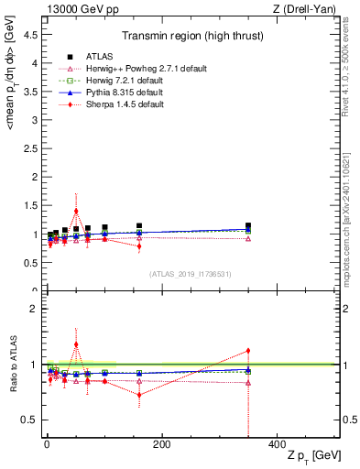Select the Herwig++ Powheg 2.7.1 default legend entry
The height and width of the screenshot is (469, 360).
point(136,69)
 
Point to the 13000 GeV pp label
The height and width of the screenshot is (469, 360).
point(77,9)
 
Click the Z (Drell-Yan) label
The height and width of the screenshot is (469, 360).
point(309,9)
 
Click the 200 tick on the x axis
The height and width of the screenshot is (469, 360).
point(161,445)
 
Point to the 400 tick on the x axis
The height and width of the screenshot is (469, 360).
point(277,445)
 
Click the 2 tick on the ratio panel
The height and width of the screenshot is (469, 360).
point(34,309)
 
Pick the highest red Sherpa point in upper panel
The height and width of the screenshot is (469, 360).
point(76,211)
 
